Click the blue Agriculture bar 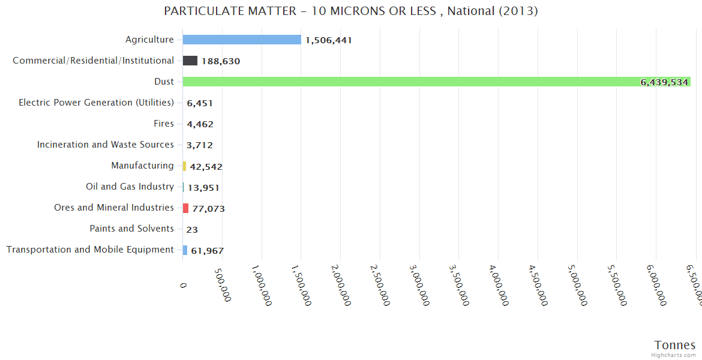coord(242,40)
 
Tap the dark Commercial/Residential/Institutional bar coord(190,61)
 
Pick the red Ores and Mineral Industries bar coord(186,208)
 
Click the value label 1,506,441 coord(328,40)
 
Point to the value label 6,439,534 coord(664,82)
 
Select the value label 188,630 coord(221,61)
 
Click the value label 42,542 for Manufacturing coord(206,167)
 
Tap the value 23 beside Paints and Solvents coord(192,229)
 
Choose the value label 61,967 coord(207,251)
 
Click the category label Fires coord(164,124)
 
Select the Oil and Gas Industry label coord(130,187)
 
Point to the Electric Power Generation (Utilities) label coord(96,103)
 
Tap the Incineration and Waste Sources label coord(106,145)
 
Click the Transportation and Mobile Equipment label coord(90,250)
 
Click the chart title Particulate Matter coord(350,11)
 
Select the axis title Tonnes coord(675,345)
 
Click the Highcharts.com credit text coord(674,355)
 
